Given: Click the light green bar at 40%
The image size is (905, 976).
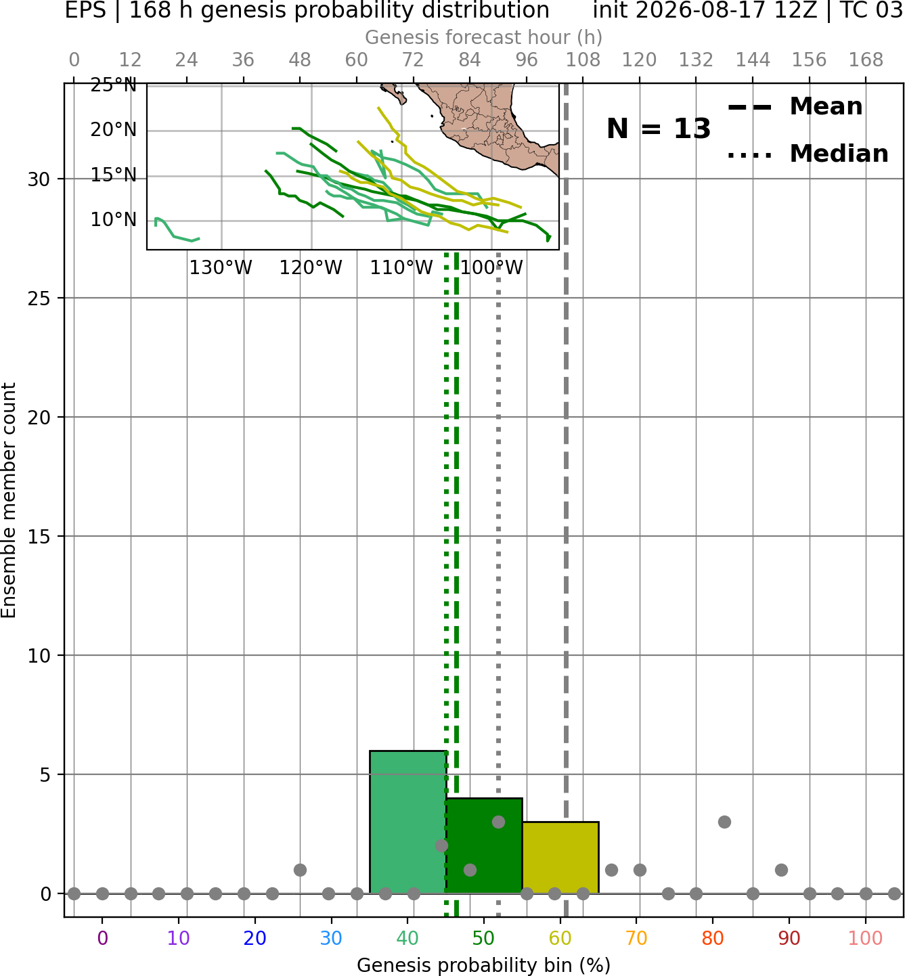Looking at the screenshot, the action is pyautogui.click(x=407, y=822).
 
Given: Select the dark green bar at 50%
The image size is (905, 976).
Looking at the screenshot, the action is pyautogui.click(x=484, y=845).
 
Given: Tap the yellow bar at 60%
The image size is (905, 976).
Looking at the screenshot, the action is pyautogui.click(x=560, y=858).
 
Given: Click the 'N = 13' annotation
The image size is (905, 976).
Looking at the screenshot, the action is pyautogui.click(x=658, y=129).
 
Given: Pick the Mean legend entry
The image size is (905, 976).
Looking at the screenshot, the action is pyautogui.click(x=795, y=107).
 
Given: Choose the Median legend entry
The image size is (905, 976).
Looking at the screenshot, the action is pyautogui.click(x=808, y=154).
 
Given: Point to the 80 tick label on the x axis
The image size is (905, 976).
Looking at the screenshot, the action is pyautogui.click(x=713, y=938).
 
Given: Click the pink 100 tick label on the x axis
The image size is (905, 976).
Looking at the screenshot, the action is pyautogui.click(x=865, y=938).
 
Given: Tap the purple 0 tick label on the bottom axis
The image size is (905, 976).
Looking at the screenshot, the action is pyautogui.click(x=102, y=938).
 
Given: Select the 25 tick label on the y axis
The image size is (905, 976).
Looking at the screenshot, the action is pyautogui.click(x=39, y=298).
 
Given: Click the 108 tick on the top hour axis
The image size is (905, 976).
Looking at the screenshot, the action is pyautogui.click(x=583, y=60).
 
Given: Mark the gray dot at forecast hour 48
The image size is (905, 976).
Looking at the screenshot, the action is pyautogui.click(x=300, y=870).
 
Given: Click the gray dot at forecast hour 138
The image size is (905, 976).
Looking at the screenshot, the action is pyautogui.click(x=724, y=822).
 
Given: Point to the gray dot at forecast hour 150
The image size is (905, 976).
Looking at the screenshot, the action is pyautogui.click(x=781, y=870).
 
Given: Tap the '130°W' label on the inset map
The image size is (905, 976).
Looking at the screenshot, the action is pyautogui.click(x=221, y=268).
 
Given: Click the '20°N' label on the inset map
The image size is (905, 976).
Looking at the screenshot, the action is pyautogui.click(x=113, y=130).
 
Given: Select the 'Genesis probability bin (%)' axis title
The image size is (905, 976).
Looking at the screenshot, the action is pyautogui.click(x=484, y=965).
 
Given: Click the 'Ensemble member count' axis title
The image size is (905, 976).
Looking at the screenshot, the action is pyautogui.click(x=9, y=500).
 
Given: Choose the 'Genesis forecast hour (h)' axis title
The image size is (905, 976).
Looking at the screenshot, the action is pyautogui.click(x=484, y=37).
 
